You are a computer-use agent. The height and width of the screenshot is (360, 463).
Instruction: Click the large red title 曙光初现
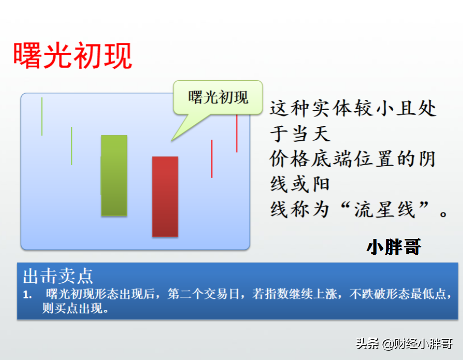pos(73,56)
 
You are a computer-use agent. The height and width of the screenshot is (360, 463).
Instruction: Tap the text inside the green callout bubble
pos(218,97)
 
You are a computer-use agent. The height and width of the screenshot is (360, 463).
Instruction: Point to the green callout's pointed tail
pos(172,140)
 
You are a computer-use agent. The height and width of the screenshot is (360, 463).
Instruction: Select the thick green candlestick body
pos(114,176)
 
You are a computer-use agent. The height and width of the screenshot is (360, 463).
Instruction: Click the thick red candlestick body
pos(165,197)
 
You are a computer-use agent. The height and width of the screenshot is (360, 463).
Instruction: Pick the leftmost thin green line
pos(42,117)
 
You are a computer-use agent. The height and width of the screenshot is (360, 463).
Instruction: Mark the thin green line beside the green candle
pos(71,146)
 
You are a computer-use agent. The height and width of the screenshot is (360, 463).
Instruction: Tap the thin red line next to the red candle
pos(212,159)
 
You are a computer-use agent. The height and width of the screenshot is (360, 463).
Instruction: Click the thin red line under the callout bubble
pos(237,133)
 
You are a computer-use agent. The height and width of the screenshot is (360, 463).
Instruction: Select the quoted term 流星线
pos(384,210)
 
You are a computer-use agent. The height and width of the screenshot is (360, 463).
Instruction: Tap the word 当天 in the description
pos(311,133)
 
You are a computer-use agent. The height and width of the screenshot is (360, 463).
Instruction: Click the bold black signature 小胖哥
pos(394,247)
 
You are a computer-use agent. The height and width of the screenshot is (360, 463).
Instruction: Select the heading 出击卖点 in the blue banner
pos(58,276)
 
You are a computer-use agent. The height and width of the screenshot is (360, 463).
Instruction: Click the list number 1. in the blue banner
pos(28,295)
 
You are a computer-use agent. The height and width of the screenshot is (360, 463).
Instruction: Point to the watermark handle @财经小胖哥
pos(417,344)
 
